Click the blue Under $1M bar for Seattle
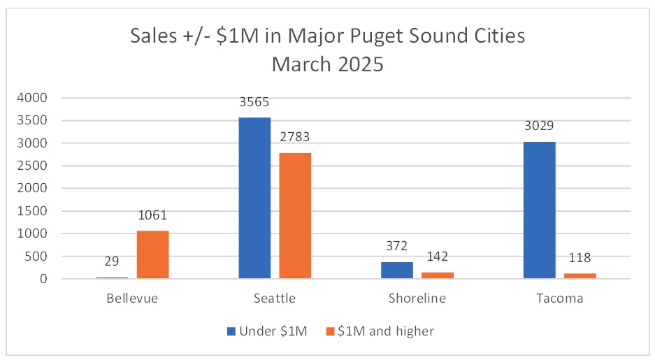(254, 198)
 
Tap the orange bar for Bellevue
(152, 254)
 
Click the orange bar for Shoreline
(437, 275)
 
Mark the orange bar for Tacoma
(580, 275)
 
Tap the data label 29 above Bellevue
(112, 262)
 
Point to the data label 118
(580, 259)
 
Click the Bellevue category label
(132, 298)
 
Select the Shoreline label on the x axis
(417, 298)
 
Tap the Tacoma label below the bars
(559, 298)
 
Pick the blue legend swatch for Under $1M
(231, 331)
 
